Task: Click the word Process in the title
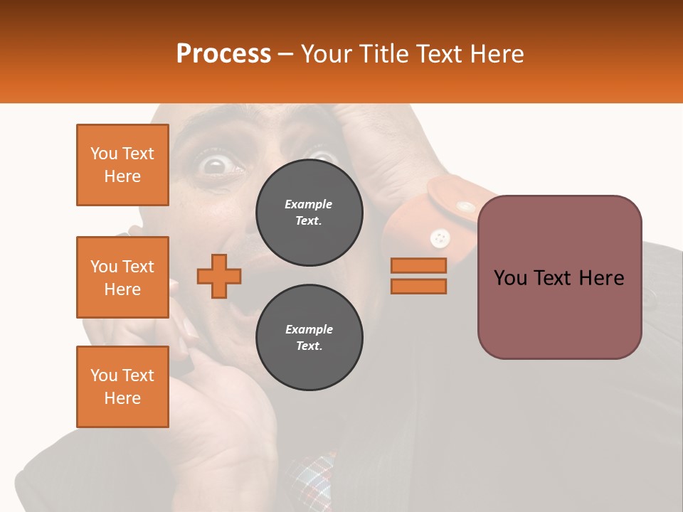click(223, 54)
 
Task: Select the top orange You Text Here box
click(122, 165)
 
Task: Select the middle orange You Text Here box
click(122, 277)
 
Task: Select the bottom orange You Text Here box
click(122, 387)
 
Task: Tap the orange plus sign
click(219, 276)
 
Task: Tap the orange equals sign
click(418, 276)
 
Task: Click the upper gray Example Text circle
click(309, 213)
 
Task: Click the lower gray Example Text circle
click(309, 338)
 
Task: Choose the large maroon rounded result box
click(559, 277)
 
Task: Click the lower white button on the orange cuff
click(440, 237)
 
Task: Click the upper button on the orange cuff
click(465, 207)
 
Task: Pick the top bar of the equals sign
click(418, 266)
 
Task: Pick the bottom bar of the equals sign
click(418, 286)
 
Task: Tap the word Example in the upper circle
click(309, 204)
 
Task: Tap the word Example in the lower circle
click(309, 329)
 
